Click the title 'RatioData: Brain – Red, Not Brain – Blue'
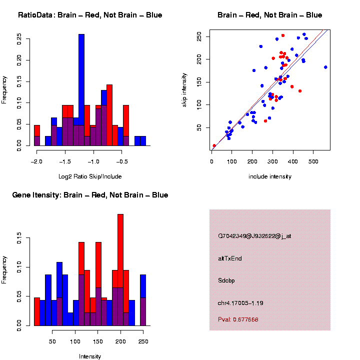point(90,15)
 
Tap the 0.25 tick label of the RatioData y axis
point(19,39)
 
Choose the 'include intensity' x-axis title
point(269,176)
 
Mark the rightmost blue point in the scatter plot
point(325,67)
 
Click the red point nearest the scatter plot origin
point(214,145)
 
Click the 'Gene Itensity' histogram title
point(90,195)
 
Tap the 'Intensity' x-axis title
point(90,356)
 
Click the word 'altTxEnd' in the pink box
point(230,258)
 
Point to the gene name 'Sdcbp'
point(226,280)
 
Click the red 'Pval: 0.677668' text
point(238,319)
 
